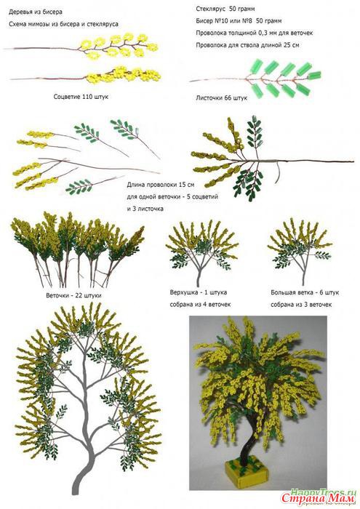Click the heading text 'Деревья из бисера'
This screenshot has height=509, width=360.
click(x=36, y=12)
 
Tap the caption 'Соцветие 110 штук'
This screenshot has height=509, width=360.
click(x=81, y=97)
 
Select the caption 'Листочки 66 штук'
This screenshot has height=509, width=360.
click(x=221, y=97)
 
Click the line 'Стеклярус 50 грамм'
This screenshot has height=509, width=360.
click(x=225, y=9)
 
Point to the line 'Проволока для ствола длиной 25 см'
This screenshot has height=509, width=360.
click(x=247, y=45)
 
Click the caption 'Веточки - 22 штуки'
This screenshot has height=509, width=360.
click(x=73, y=295)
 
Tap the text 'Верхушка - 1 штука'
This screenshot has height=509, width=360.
click(x=199, y=292)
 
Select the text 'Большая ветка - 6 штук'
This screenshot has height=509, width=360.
click(x=305, y=292)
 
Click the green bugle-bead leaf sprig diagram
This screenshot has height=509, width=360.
click(x=255, y=77)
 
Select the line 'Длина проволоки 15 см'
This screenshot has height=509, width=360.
click(x=161, y=185)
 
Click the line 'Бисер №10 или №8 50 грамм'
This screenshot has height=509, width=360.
click(x=239, y=21)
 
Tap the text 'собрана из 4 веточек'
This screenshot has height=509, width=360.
click(x=200, y=305)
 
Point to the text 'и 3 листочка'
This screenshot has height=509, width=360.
click(x=145, y=209)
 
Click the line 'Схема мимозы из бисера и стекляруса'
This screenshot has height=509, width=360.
click(x=63, y=24)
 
